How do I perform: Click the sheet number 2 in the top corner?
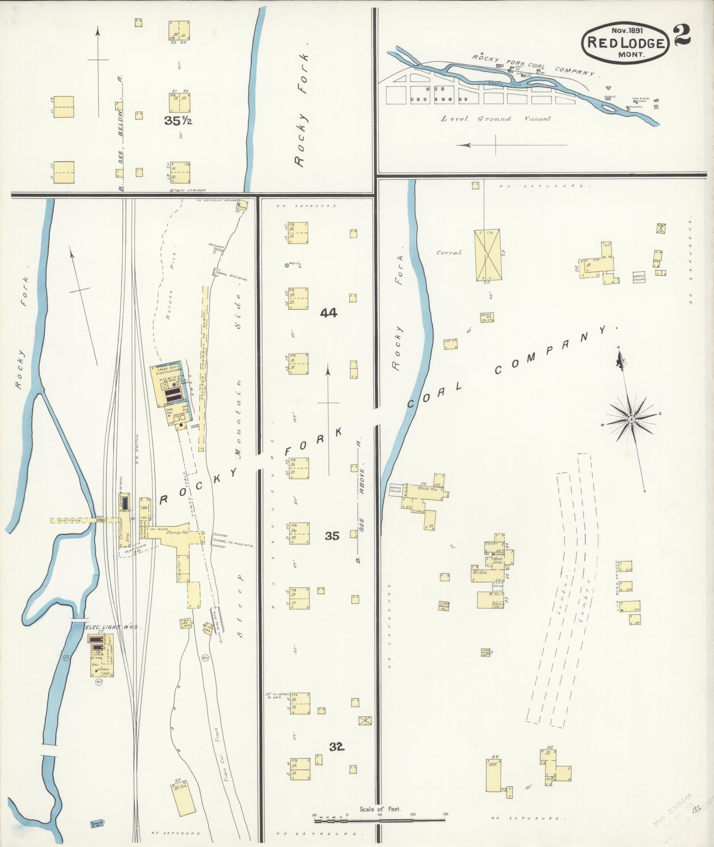682,35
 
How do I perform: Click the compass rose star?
631,419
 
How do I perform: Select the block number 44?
328,313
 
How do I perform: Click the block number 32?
336,747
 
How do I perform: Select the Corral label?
449,252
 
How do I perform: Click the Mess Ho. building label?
428,489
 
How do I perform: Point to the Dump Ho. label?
177,533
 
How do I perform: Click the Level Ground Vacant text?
495,119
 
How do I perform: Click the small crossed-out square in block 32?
365,720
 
